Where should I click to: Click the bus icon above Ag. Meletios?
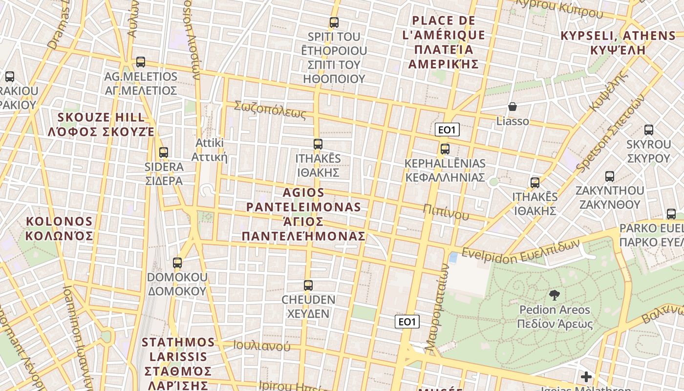pyautogui.click(x=141, y=62)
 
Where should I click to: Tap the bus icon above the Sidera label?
pyautogui.click(x=164, y=152)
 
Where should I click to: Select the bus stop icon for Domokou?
pyautogui.click(x=177, y=263)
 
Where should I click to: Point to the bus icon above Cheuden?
pyautogui.click(x=308, y=285)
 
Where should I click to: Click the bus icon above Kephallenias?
pyautogui.click(x=445, y=149)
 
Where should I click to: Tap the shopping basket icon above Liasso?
pyautogui.click(x=513, y=107)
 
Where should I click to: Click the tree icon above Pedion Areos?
pyautogui.click(x=555, y=295)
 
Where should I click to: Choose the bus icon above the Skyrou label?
pyautogui.click(x=649, y=130)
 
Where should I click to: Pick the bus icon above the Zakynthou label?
pyautogui.click(x=610, y=176)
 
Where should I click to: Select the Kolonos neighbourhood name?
pyautogui.click(x=59, y=229)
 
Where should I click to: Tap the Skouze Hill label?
pyautogui.click(x=102, y=125)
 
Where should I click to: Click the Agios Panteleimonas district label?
pyautogui.click(x=303, y=214)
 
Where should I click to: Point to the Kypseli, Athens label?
pyautogui.click(x=618, y=43)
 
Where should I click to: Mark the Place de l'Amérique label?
pyautogui.click(x=443, y=43)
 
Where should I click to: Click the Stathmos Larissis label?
pyautogui.click(x=178, y=363)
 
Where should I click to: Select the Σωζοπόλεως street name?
pyautogui.click(x=270, y=110)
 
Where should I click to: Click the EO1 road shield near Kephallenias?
pyautogui.click(x=447, y=130)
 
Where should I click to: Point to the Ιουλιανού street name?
pyautogui.click(x=261, y=346)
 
